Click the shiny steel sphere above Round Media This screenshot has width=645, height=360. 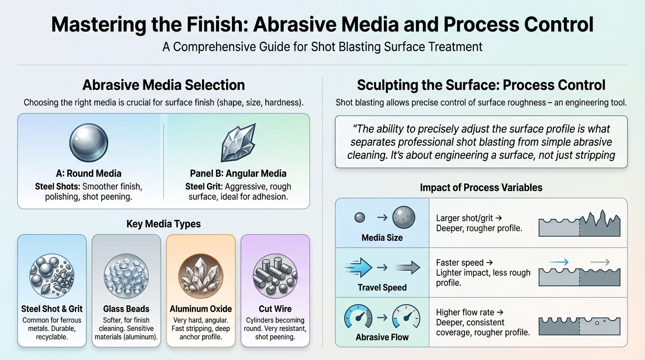[89, 143]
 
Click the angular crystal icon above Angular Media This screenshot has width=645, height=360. [238, 143]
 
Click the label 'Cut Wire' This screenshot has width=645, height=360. [275, 309]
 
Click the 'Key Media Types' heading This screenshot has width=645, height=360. [163, 224]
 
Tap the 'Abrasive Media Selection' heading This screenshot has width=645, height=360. [163, 85]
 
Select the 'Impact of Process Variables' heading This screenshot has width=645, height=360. [481, 187]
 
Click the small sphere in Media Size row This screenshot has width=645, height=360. [360, 217]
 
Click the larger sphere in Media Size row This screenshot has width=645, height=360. [404, 217]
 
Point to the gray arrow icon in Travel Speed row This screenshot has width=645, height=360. [407, 268]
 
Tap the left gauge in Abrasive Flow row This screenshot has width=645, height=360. [358, 317]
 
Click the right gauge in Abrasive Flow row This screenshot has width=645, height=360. [406, 317]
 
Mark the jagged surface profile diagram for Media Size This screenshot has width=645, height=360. [579, 224]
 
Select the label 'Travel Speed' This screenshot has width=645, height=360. [382, 287]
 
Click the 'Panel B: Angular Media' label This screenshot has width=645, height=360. [238, 173]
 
